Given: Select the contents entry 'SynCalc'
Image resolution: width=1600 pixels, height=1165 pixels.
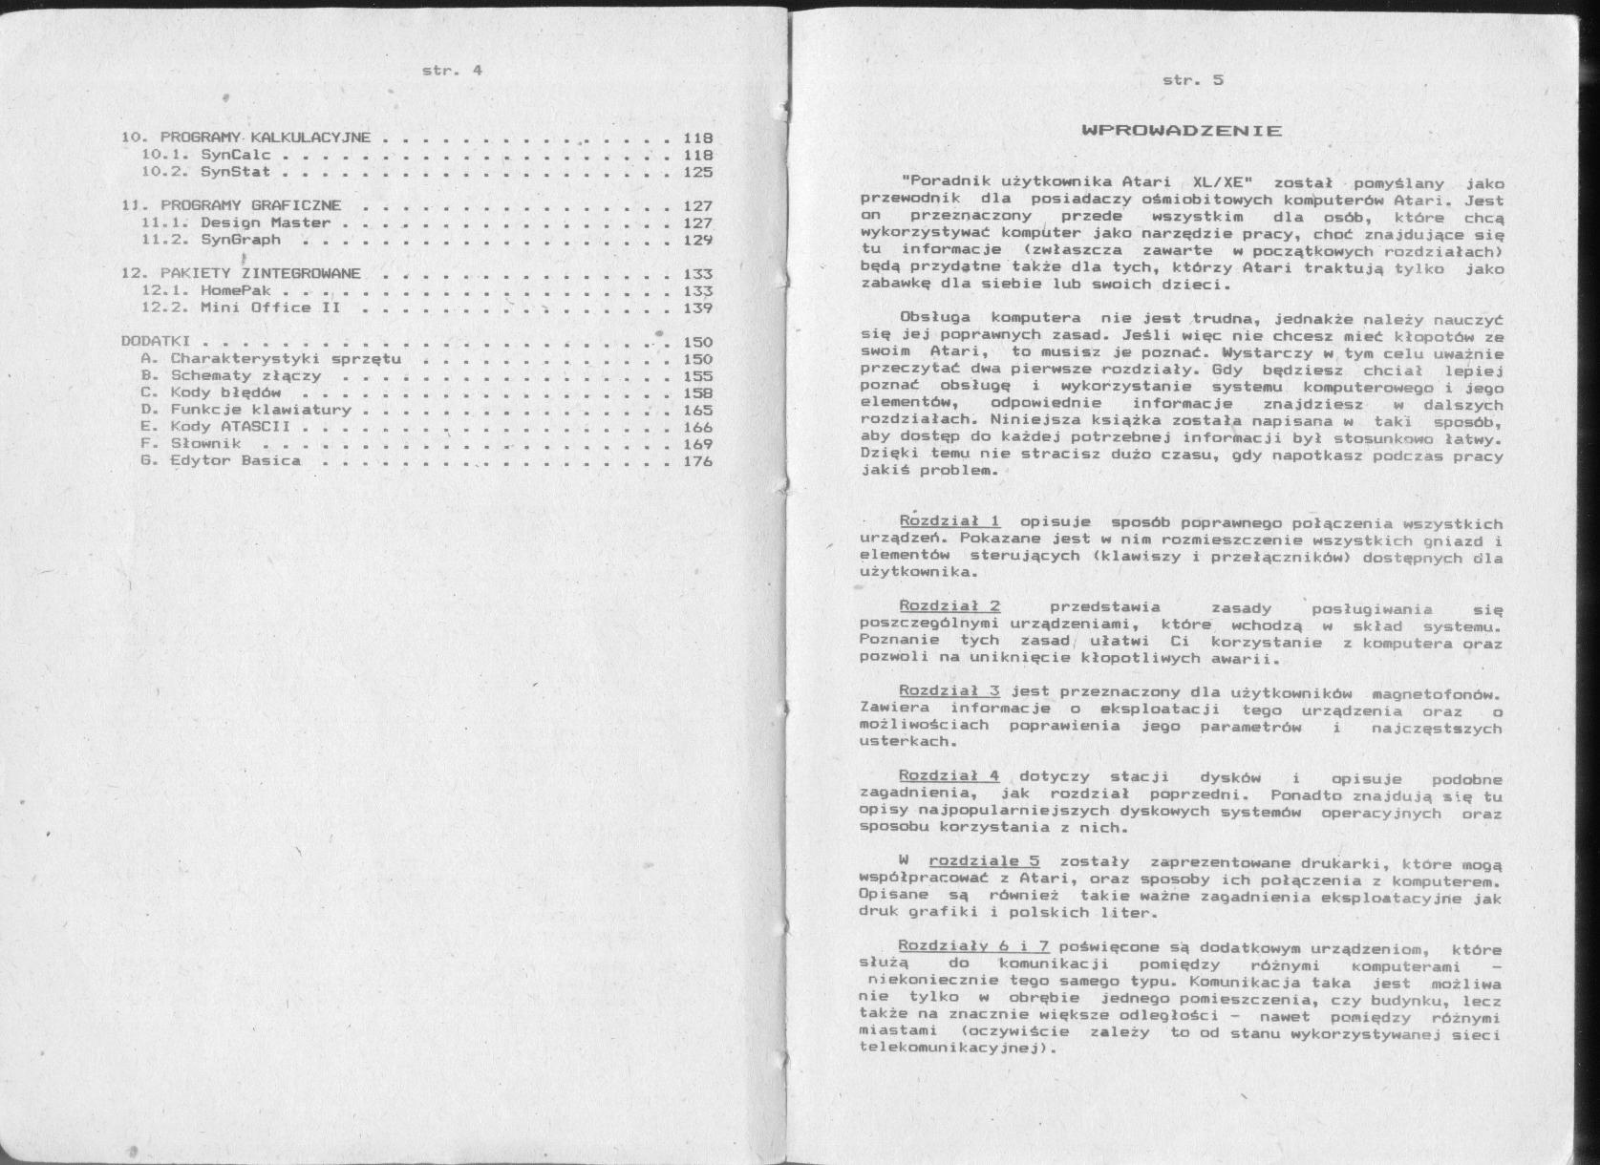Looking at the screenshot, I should click(x=236, y=155).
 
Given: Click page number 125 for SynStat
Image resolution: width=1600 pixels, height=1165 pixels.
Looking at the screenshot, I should click(x=697, y=172).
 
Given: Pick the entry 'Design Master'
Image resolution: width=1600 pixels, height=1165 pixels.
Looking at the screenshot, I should click(x=265, y=222).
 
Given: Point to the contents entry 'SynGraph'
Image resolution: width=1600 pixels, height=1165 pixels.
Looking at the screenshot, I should click(x=241, y=240).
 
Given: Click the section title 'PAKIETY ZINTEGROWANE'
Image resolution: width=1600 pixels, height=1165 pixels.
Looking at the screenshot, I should click(x=260, y=273).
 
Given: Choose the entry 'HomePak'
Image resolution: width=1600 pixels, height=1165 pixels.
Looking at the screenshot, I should click(x=236, y=290).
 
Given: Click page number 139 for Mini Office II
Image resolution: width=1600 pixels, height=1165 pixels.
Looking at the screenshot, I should click(x=697, y=307).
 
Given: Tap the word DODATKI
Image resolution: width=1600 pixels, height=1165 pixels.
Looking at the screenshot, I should click(x=157, y=341).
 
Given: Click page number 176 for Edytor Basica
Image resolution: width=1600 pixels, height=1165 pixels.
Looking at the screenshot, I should click(x=697, y=460).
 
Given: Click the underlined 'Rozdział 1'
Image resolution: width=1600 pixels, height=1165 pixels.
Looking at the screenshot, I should click(x=949, y=521).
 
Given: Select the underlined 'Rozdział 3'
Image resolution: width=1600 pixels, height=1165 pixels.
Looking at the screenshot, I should click(x=949, y=690).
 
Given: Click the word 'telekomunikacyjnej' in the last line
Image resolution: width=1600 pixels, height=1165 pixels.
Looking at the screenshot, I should click(x=947, y=1048).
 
